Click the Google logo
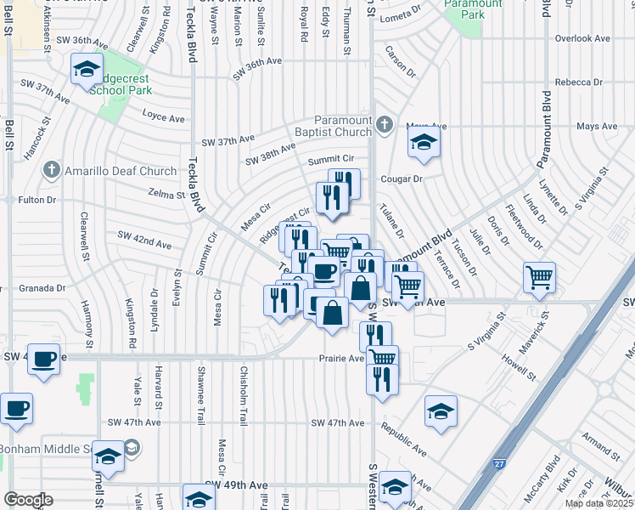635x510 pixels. (28, 500)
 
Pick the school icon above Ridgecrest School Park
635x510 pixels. (87, 70)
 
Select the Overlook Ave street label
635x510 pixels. (582, 39)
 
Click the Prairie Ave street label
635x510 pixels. (341, 358)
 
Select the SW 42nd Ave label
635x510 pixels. (144, 241)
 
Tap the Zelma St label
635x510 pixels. (167, 195)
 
